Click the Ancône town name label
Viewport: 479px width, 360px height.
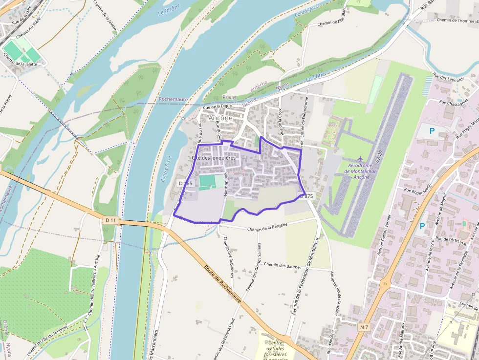[x=220, y=118]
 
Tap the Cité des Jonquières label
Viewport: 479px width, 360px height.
[x=213, y=158]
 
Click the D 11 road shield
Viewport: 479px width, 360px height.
[x=111, y=220]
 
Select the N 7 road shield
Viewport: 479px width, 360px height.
[x=364, y=326]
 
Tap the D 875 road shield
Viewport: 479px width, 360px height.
[x=306, y=196]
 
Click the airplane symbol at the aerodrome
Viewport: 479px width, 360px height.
[x=360, y=159]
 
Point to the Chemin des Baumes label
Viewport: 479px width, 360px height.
[x=282, y=265]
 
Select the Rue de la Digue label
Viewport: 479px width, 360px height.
[x=217, y=106]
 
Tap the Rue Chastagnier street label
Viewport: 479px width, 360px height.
[x=454, y=103]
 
